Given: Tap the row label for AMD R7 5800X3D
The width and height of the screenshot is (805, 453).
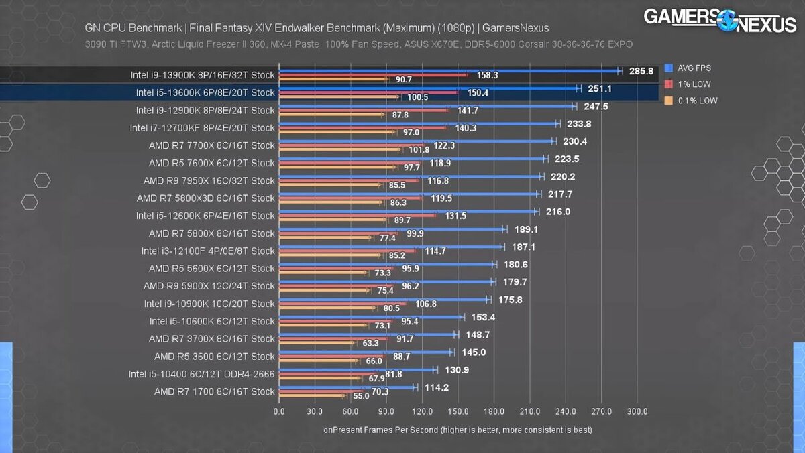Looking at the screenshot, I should coord(205,198).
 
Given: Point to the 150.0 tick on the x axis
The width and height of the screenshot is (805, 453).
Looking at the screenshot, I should coord(458,411).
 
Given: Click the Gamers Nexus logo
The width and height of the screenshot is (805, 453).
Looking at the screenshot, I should coord(720,20).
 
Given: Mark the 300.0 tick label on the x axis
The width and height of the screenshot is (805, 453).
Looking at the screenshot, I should coord(637,411).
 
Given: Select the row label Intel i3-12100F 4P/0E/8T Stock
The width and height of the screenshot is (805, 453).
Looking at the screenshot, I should coord(208,251).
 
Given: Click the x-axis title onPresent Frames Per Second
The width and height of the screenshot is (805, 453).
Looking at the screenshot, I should coord(458,429).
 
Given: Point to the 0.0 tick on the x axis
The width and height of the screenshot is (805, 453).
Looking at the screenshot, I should coord(279,411).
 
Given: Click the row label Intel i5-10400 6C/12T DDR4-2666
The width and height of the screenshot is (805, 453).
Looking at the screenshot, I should coord(201,373).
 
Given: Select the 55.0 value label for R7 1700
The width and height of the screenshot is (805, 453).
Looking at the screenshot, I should coord(361,396).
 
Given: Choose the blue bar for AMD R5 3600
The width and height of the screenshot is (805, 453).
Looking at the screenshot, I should coord(365,352).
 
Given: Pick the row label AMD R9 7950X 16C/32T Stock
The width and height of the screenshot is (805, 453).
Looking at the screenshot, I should coord(209,180).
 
